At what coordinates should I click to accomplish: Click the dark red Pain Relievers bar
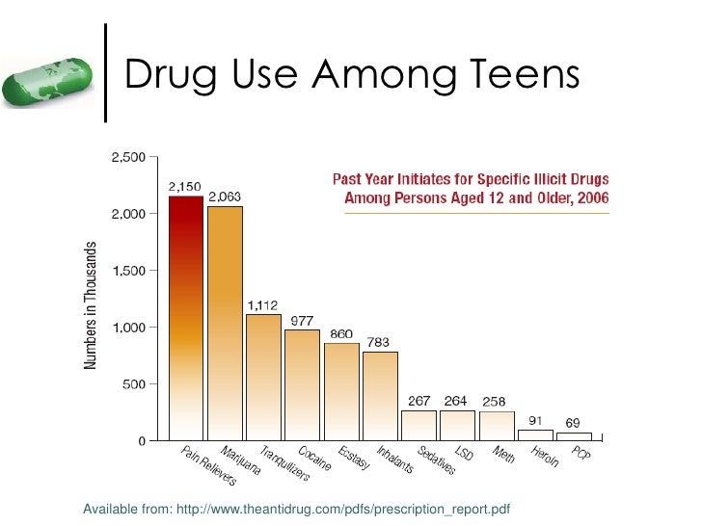(186, 318)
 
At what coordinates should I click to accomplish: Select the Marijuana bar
(226, 324)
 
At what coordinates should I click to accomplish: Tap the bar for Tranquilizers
(263, 378)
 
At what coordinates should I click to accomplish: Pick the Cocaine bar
(302, 385)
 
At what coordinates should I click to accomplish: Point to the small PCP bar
(575, 436)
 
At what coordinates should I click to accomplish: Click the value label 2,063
(225, 197)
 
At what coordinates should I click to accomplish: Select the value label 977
(302, 321)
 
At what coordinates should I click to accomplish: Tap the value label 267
(419, 401)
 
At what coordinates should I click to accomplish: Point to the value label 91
(535, 420)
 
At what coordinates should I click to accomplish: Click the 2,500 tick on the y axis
(128, 157)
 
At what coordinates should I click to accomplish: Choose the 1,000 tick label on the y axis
(129, 328)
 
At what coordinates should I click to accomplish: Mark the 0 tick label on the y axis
(142, 441)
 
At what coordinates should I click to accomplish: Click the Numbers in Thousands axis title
(90, 305)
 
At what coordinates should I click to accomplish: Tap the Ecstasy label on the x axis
(354, 458)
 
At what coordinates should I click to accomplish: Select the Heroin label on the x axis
(545, 457)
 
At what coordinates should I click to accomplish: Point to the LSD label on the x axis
(464, 453)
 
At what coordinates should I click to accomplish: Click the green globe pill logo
(47, 82)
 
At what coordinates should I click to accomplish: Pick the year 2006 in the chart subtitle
(593, 197)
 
